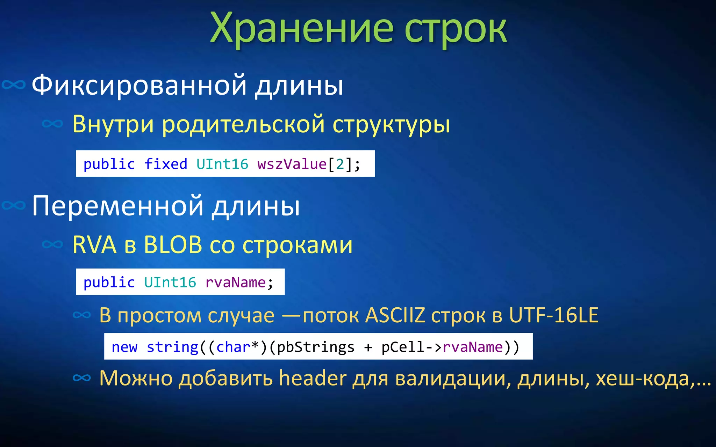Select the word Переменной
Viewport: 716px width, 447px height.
point(117,206)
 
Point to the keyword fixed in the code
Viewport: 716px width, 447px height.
point(166,164)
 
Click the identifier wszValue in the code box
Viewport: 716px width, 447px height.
point(292,164)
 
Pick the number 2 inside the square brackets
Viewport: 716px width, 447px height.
point(340,164)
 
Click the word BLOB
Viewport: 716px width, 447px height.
point(173,245)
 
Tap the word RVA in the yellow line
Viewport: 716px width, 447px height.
point(94,245)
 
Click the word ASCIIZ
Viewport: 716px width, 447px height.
point(395,315)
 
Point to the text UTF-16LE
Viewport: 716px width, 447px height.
point(553,315)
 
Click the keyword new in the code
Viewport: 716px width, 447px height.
point(124,347)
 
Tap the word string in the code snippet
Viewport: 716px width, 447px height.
point(172,347)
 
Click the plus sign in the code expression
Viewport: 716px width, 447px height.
point(368,347)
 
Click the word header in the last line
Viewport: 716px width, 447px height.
point(313,378)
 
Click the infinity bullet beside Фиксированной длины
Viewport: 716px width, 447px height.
point(14,85)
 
